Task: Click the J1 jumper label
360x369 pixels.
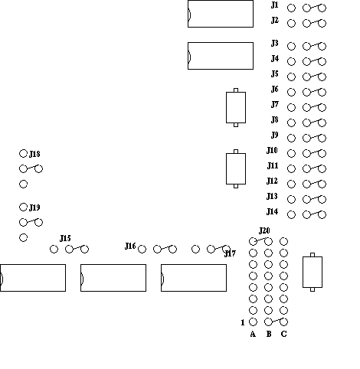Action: tap(274, 5)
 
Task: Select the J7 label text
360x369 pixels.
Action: tap(274, 105)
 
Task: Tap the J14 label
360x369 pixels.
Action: tap(272, 212)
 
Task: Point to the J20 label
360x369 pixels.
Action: tap(264, 230)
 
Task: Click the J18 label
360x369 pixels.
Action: tap(34, 154)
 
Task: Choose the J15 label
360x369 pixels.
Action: tap(65, 238)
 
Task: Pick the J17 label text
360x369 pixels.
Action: tap(230, 253)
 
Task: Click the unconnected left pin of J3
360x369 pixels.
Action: tap(291, 46)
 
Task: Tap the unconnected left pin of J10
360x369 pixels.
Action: tap(291, 153)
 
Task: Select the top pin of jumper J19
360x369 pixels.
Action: tap(23, 207)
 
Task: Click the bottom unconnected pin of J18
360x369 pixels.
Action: tap(23, 184)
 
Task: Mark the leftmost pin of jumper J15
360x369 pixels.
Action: tap(54, 249)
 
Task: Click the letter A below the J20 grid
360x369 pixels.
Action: tap(253, 334)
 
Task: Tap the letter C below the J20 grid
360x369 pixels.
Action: tap(283, 334)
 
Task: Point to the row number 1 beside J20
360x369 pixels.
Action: tap(243, 322)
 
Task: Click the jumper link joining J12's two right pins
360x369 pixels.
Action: tap(314, 183)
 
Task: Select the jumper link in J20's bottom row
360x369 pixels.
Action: tap(276, 321)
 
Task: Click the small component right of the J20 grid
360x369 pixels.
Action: tap(313, 272)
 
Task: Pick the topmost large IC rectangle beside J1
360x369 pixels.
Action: tap(221, 14)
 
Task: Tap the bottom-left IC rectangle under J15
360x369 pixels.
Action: tap(33, 278)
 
